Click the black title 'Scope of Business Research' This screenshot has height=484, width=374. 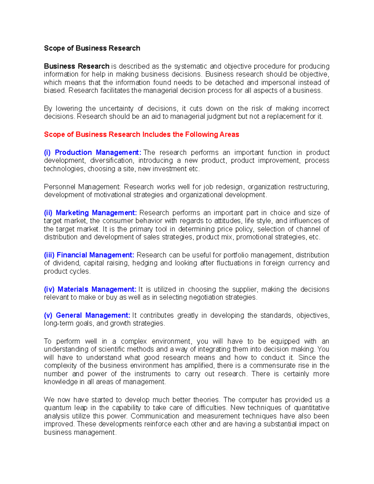coord(92,48)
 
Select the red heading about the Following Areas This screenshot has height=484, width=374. coord(141,135)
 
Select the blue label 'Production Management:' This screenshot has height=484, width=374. coord(98,153)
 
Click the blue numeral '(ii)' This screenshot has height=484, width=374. coord(48,213)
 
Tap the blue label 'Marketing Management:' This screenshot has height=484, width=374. coord(96,213)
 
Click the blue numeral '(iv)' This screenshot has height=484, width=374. coord(49,290)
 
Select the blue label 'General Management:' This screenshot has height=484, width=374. coord(93,315)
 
